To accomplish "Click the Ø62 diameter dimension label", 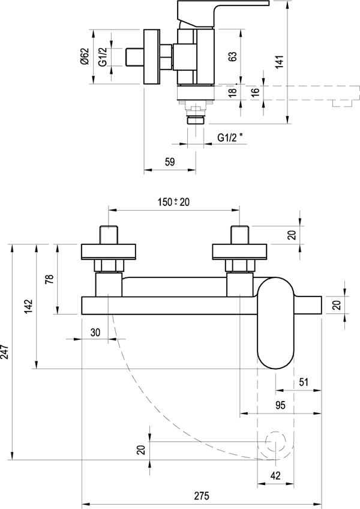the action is [x=85, y=56].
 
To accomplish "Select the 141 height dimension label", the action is [x=279, y=62].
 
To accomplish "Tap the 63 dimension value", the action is [x=232, y=56].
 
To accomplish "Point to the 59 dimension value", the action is [x=170, y=161].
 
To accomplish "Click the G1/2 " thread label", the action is [x=230, y=137].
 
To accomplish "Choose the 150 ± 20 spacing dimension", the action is [x=173, y=202].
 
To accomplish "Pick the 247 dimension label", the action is [x=5, y=351].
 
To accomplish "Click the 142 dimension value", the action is [x=28, y=307].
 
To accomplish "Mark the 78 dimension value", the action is [x=49, y=279].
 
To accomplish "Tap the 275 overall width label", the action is [x=202, y=496].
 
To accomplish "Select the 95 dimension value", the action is [x=280, y=405].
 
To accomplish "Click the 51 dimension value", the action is [x=304, y=382].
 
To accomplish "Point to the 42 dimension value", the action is [x=275, y=475].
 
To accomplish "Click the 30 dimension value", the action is [x=95, y=333].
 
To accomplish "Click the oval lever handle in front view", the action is [x=275, y=323].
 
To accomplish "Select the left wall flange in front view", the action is [x=108, y=252].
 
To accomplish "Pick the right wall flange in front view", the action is [x=239, y=252].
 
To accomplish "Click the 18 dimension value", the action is [x=232, y=92].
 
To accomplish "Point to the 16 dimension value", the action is [x=256, y=91].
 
